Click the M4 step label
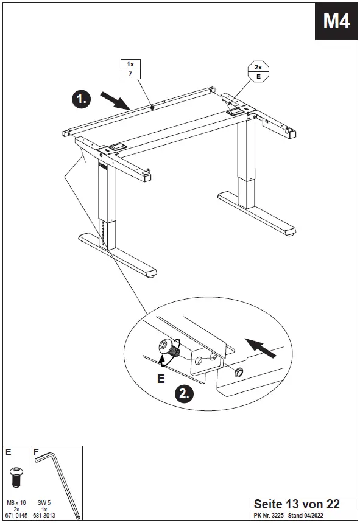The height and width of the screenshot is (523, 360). click(336, 21)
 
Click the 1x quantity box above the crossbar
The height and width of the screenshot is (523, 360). click(130, 65)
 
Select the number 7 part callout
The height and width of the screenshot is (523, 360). click(130, 74)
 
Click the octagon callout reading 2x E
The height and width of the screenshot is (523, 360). click(258, 72)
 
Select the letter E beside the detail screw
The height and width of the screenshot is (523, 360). click(161, 379)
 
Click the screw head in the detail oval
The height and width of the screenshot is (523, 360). click(165, 347)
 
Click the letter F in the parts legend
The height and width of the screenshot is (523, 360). click(36, 453)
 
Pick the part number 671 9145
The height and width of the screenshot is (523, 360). click(16, 514)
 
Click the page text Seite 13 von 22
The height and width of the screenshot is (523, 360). click(297, 504)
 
